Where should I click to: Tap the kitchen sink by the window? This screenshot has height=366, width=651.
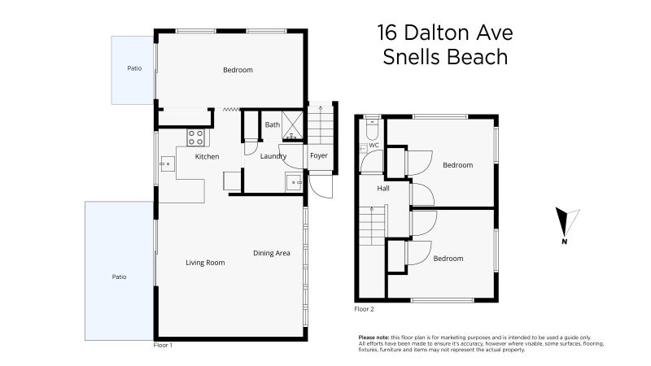pyautogui.click(x=166, y=164)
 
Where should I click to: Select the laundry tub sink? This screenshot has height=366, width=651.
pyautogui.click(x=292, y=182)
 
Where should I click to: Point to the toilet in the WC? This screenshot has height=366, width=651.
pyautogui.click(x=372, y=129)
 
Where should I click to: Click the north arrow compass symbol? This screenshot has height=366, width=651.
pyautogui.click(x=566, y=224)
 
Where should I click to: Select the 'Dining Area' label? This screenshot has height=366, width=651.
pyautogui.click(x=271, y=253)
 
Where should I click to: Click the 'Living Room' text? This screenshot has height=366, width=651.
pyautogui.click(x=205, y=263)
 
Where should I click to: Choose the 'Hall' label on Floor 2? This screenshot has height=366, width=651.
pyautogui.click(x=382, y=189)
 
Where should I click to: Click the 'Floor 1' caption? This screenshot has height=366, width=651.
pyautogui.click(x=163, y=346)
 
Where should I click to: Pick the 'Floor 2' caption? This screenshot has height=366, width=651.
pyautogui.click(x=364, y=309)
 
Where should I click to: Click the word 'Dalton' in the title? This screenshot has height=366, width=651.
pyautogui.click(x=440, y=33)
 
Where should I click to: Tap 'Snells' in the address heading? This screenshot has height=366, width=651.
pyautogui.click(x=412, y=58)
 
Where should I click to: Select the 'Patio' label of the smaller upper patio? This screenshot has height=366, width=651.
pyautogui.click(x=134, y=68)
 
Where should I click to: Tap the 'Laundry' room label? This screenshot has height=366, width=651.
pyautogui.click(x=273, y=156)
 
